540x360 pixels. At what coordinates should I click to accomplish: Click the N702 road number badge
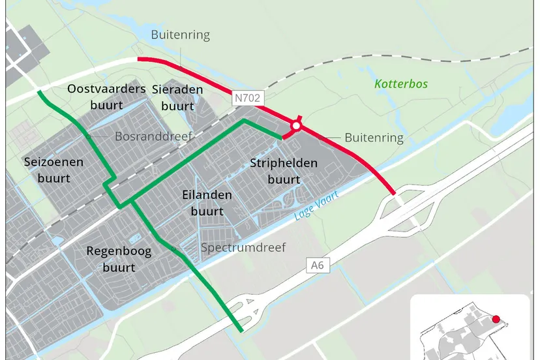coord(248,98)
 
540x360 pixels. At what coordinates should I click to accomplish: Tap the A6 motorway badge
coord(317,265)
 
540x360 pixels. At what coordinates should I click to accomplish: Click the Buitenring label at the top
coord(181,35)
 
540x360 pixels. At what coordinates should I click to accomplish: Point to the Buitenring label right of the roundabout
coord(374,138)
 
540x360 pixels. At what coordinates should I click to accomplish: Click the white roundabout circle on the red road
coord(296,125)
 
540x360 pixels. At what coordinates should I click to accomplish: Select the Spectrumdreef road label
coord(243,248)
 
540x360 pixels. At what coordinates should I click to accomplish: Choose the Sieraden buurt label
coord(177,97)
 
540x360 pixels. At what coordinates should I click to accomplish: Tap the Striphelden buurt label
coord(284,171)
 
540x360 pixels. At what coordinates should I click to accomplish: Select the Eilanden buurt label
coord(207,203)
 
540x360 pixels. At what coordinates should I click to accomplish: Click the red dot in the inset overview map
coord(496,319)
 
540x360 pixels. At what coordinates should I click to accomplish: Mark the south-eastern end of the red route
coord(393,193)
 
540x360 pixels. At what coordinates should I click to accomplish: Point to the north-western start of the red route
coord(139,59)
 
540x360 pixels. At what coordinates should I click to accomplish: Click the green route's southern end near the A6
coord(241,331)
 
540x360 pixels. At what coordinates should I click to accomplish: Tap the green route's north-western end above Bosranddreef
coord(40,92)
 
